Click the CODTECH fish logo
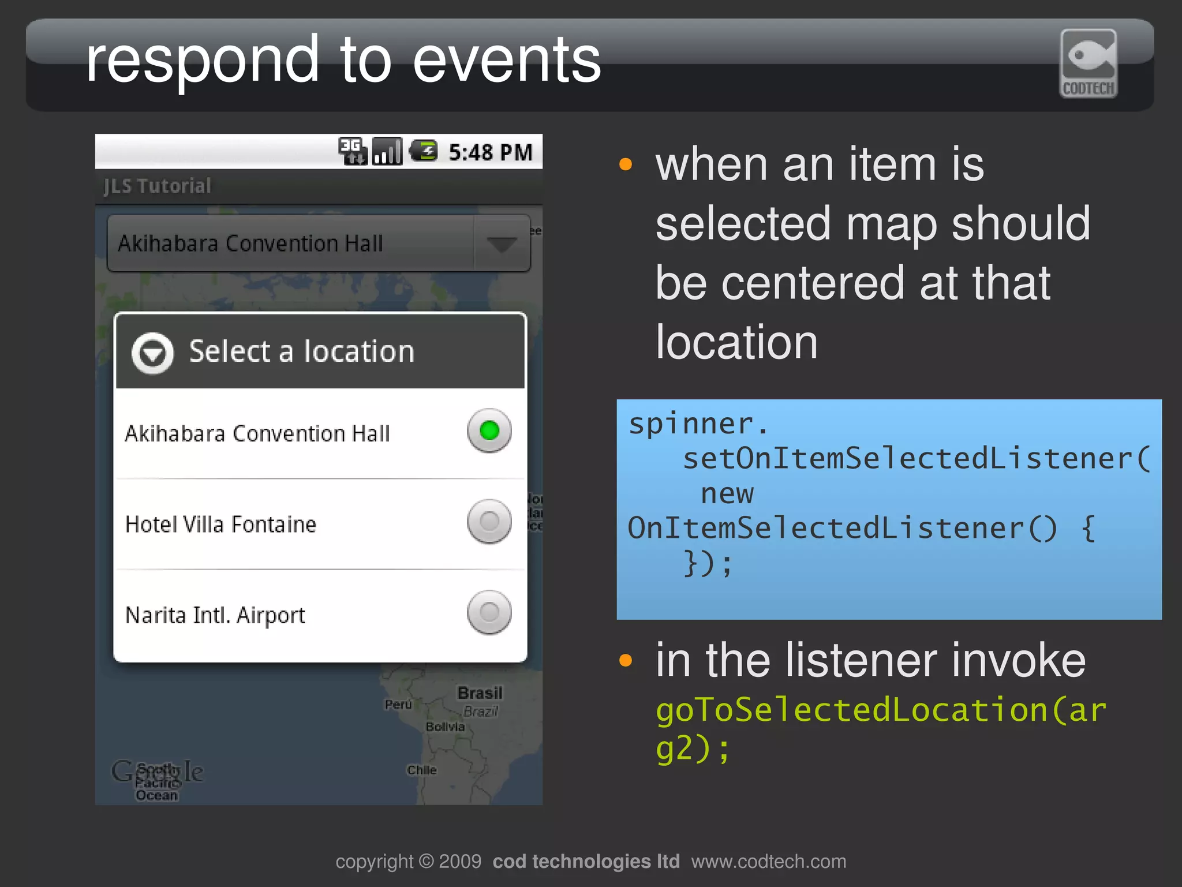pos(1089,63)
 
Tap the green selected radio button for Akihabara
pos(489,431)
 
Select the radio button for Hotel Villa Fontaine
pos(489,521)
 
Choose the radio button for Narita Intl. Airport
pos(489,612)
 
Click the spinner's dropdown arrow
pos(501,244)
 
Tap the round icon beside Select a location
pos(152,353)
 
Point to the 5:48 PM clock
pos(491,152)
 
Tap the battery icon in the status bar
pos(424,151)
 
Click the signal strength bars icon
pos(387,151)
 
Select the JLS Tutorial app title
pos(157,186)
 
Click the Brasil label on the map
pos(480,693)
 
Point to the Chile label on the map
pos(422,770)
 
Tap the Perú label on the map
pos(398,705)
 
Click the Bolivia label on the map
pos(445,727)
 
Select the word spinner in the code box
pos(691,425)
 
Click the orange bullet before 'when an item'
pos(626,164)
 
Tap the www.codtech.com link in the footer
pos(768,861)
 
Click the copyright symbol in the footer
pos(426,861)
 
